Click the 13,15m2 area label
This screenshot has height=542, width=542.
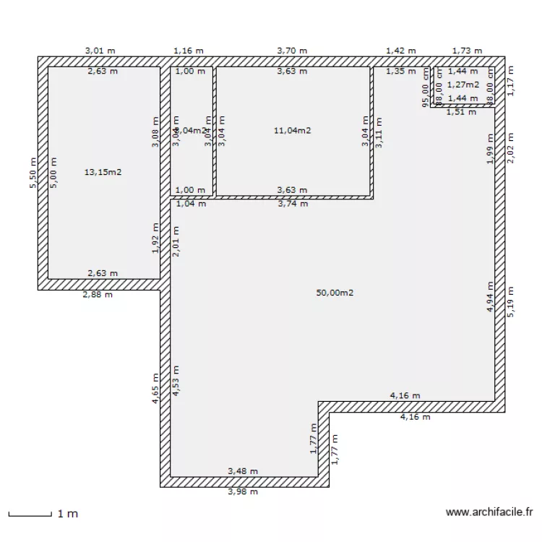(x=103, y=172)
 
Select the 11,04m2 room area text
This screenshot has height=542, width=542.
(x=293, y=131)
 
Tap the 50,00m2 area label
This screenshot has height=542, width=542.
(x=335, y=293)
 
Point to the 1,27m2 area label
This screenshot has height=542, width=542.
(x=463, y=85)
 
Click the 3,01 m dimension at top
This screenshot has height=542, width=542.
(x=100, y=51)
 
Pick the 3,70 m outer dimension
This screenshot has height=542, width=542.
(x=292, y=51)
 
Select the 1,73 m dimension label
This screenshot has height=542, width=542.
(x=467, y=51)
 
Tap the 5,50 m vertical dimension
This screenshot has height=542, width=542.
(x=33, y=174)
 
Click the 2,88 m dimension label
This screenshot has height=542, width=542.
(x=98, y=295)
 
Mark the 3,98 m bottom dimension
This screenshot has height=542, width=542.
(x=243, y=492)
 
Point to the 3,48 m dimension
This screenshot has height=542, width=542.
(x=243, y=471)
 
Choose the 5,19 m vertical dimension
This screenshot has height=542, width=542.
(x=512, y=299)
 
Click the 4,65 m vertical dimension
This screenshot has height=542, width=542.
(x=155, y=387)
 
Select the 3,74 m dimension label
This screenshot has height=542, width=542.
(x=293, y=204)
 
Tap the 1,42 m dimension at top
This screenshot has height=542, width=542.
(x=400, y=51)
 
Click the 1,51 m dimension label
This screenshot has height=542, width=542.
(x=460, y=112)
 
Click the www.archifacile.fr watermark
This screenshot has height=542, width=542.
(x=489, y=513)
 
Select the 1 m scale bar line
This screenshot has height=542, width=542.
(x=30, y=515)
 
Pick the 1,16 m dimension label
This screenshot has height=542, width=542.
(x=189, y=51)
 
